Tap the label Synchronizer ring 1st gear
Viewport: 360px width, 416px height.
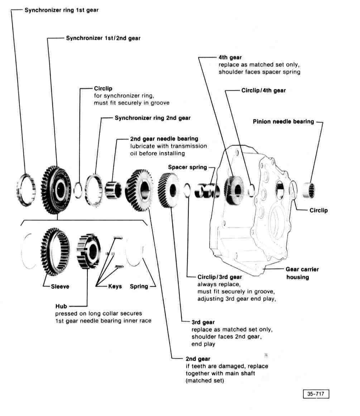[61, 10]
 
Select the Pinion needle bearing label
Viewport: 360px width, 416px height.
[283, 121]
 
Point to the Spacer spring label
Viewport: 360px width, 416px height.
[187, 167]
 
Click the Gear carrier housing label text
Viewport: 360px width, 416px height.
[302, 273]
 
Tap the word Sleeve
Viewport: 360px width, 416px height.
[60, 286]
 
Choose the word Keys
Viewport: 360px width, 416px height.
[115, 286]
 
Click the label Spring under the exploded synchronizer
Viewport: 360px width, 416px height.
[139, 286]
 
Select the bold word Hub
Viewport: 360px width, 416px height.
[61, 306]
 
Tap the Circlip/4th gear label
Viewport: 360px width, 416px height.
[263, 91]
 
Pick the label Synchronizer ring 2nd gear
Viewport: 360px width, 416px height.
[153, 118]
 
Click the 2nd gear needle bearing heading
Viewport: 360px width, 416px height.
[164, 139]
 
